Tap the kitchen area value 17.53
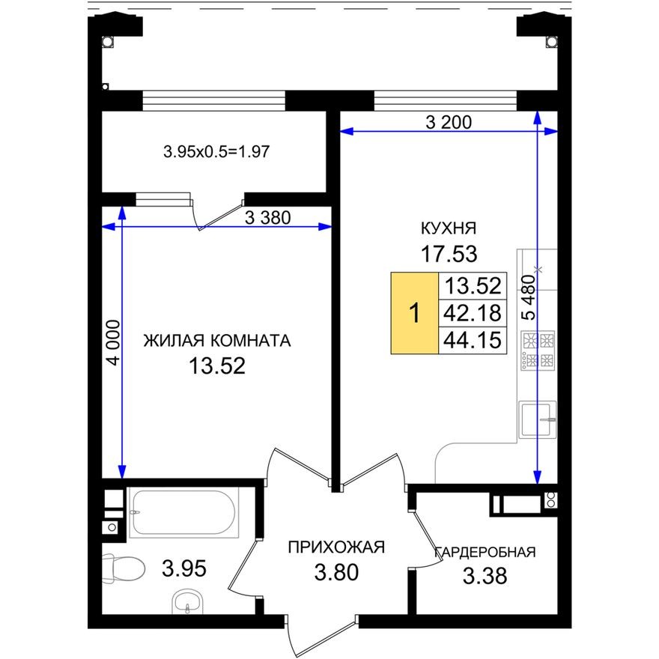(449, 255)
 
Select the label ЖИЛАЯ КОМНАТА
(216, 341)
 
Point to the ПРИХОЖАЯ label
(336, 547)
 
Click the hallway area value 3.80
(337, 573)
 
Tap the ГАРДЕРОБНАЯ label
(485, 553)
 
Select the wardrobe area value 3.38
(485, 577)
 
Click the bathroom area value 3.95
(184, 568)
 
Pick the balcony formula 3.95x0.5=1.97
(216, 152)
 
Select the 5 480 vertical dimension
(529, 298)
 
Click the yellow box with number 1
(414, 313)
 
